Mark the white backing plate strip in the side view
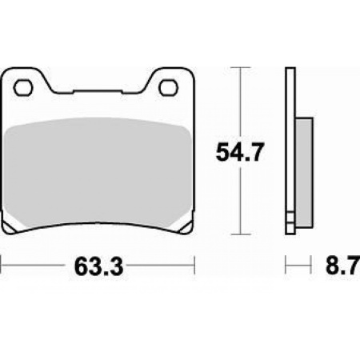click(290, 152)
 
